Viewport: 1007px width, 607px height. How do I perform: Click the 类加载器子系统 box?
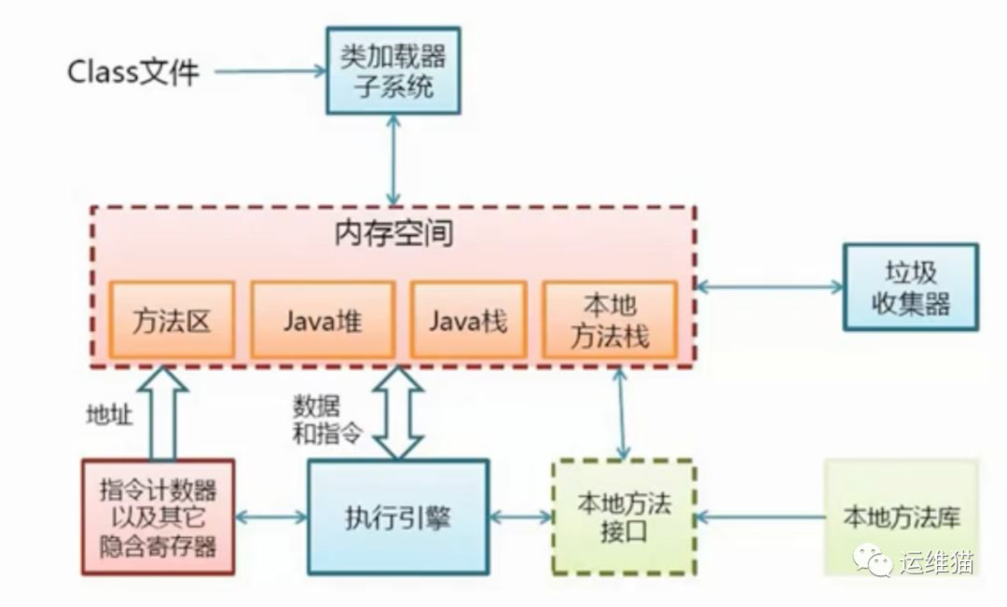[x=393, y=71]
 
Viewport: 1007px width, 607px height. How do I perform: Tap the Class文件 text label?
[x=133, y=72]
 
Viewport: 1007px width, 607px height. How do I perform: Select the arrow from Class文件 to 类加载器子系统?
[x=269, y=71]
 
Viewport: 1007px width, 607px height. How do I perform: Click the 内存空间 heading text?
[x=393, y=233]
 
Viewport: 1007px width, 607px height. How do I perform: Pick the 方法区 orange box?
[x=172, y=320]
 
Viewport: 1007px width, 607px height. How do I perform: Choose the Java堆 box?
[x=323, y=320]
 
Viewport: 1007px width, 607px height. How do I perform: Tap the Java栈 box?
[x=469, y=320]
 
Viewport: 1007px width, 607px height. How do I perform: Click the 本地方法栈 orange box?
[x=609, y=320]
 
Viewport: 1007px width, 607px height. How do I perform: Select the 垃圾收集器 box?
[x=910, y=287]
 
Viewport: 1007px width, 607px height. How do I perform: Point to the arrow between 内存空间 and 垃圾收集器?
[x=769, y=287]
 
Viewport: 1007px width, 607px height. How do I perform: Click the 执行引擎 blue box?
[x=398, y=516]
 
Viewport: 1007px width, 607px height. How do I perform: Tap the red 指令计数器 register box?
[x=158, y=517]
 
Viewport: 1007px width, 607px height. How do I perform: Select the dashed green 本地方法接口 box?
[x=624, y=516]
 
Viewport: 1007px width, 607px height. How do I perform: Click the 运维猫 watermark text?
[x=936, y=562]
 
